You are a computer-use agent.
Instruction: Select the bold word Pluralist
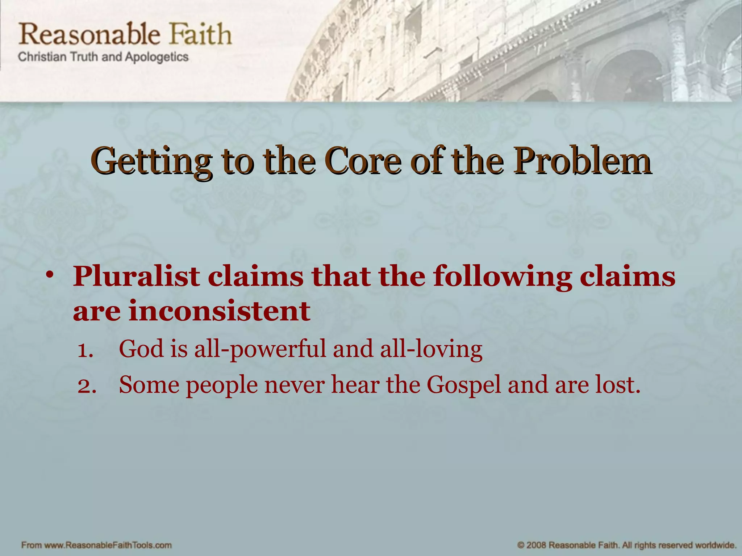click(136, 277)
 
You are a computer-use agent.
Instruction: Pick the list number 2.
click(87, 386)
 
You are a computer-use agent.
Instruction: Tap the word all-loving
click(431, 350)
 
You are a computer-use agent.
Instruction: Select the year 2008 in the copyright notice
click(537, 545)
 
